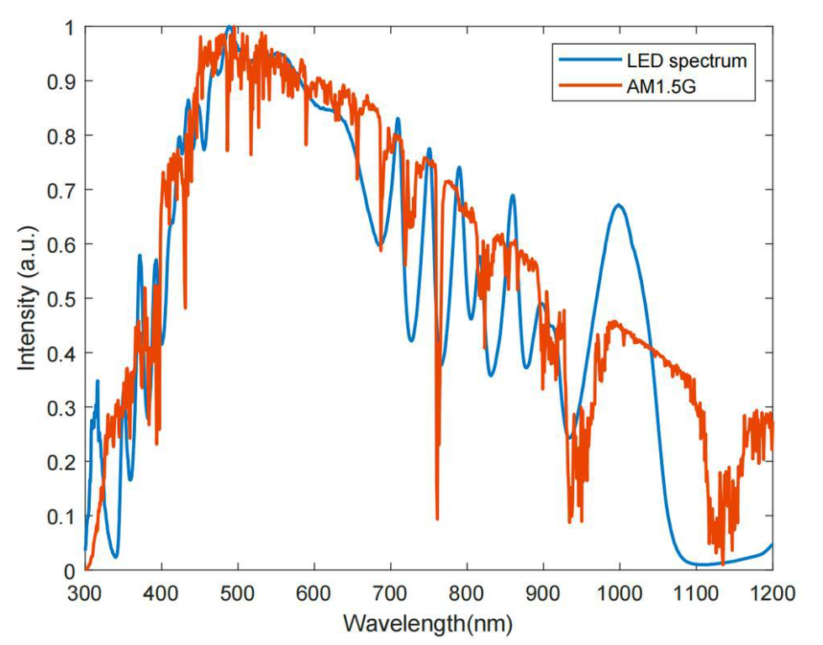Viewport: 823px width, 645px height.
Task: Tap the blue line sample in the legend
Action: (x=581, y=61)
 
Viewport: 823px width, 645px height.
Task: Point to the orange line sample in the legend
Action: (x=581, y=86)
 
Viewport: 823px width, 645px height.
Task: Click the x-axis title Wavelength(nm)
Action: (x=428, y=625)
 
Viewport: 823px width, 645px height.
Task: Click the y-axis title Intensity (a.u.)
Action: (x=29, y=299)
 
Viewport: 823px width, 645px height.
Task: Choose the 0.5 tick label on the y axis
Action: (x=60, y=299)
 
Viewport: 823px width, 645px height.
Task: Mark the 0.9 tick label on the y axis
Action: (x=60, y=82)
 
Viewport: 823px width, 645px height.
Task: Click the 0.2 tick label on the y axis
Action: (x=60, y=463)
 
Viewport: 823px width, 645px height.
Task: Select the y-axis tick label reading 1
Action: (x=68, y=28)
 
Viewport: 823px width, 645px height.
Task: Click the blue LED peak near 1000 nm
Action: (x=619, y=204)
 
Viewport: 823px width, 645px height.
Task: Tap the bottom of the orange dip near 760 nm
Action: (x=437, y=518)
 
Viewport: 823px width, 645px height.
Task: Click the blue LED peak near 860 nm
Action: (x=512, y=196)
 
